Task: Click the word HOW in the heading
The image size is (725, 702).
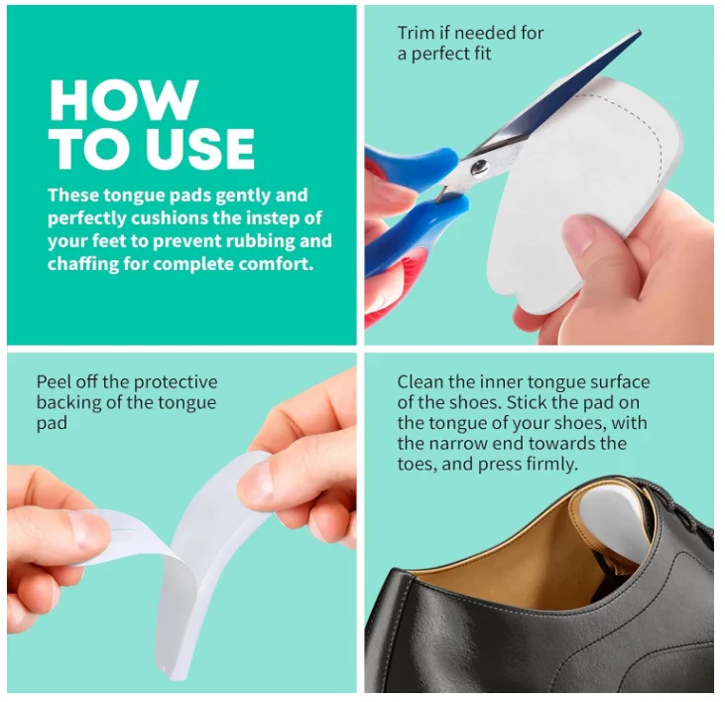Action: click(124, 100)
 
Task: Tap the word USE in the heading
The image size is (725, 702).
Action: click(201, 149)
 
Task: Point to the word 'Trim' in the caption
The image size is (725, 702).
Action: click(417, 33)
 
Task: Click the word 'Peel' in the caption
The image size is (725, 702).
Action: click(53, 381)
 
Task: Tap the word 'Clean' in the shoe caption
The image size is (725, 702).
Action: click(420, 381)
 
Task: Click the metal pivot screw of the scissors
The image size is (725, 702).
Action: click(479, 167)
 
